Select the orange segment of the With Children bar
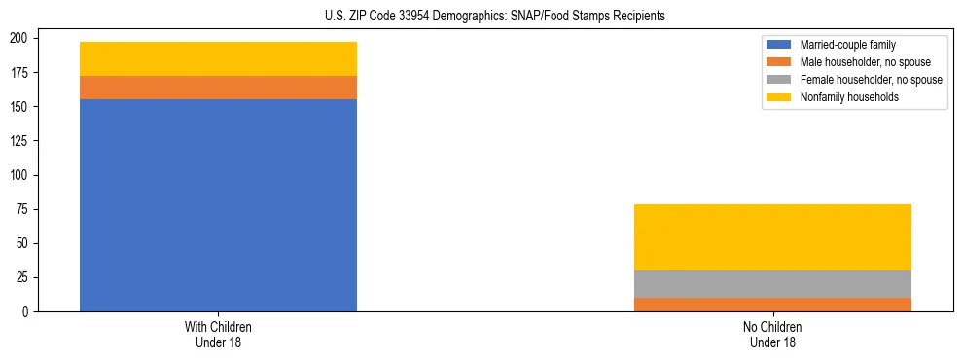coord(218,88)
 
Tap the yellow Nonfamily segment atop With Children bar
coord(218,58)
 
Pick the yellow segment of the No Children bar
coord(772,237)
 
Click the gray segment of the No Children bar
coord(772,284)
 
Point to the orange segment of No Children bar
coord(772,305)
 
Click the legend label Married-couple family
coord(848,45)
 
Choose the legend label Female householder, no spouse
coord(871,80)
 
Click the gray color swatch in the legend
coord(780,80)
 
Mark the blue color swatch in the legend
coord(780,45)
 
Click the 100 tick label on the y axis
coord(20,175)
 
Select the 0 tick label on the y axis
coord(26,311)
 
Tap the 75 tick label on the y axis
coord(23,209)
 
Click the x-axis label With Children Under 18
coord(218,335)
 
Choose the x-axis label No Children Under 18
coord(772,335)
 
